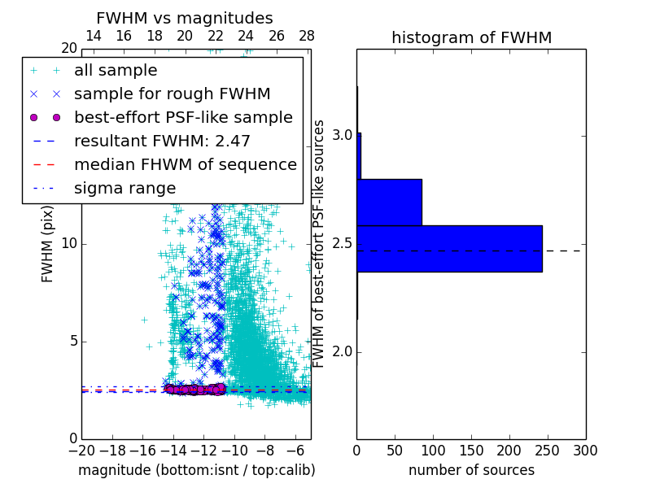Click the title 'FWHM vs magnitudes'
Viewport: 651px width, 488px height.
click(185, 18)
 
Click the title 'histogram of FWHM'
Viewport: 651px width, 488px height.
click(471, 37)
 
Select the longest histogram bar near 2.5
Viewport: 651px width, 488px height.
click(449, 248)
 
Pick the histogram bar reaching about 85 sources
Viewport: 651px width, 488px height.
click(389, 202)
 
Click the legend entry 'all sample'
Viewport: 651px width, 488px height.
click(116, 71)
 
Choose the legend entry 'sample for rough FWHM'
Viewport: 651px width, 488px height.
click(172, 94)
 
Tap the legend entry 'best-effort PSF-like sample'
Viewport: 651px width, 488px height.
click(183, 118)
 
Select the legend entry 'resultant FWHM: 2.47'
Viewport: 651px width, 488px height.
click(162, 142)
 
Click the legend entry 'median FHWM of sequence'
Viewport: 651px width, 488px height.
click(185, 165)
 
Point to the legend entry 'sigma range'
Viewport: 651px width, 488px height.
click(125, 189)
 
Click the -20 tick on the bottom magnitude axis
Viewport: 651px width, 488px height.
click(81, 451)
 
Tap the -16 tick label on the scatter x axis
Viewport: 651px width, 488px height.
click(142, 451)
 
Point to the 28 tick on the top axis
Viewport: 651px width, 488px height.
click(306, 37)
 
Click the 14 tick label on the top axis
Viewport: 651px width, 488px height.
click(94, 37)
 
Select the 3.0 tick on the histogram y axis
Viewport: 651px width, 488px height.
click(342, 134)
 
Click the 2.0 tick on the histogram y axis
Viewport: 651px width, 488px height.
click(342, 352)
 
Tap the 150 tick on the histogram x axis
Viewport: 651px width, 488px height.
click(471, 451)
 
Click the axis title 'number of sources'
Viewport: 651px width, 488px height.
click(471, 470)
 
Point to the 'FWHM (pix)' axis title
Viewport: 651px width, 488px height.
click(48, 244)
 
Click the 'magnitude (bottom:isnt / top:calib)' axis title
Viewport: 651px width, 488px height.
click(196, 470)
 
